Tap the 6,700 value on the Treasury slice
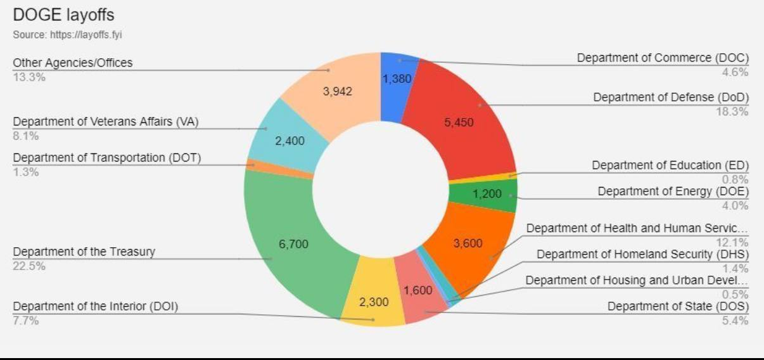click(x=293, y=243)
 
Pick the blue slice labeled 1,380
click(x=397, y=79)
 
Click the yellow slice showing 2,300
click(x=374, y=302)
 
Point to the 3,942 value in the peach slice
click(x=337, y=91)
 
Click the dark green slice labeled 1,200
click(x=487, y=194)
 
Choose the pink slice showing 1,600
click(x=417, y=291)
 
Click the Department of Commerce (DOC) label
click(x=663, y=58)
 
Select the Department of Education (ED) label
click(x=670, y=165)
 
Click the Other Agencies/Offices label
click(x=73, y=63)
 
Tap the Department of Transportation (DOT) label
click(x=106, y=158)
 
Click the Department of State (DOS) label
click(x=678, y=307)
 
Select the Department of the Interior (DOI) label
click(x=96, y=307)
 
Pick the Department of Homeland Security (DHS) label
click(x=643, y=254)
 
